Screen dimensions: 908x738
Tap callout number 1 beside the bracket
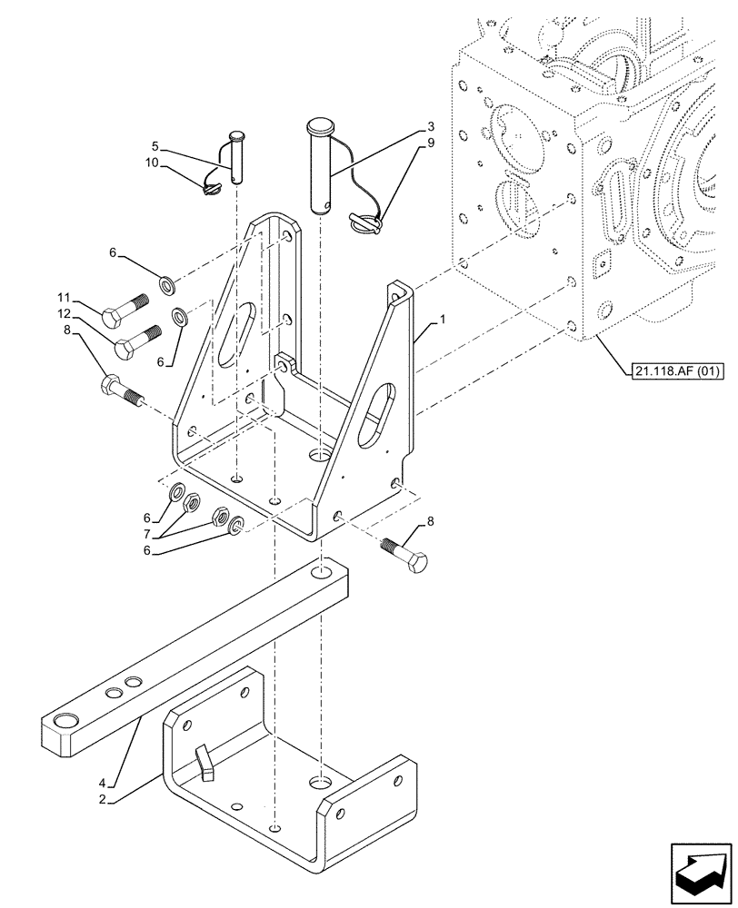tap(443, 321)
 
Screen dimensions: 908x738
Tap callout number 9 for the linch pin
tap(431, 143)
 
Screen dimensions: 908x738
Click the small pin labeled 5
tap(238, 157)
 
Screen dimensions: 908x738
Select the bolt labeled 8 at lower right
tap(404, 553)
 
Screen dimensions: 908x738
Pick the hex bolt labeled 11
tap(124, 310)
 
